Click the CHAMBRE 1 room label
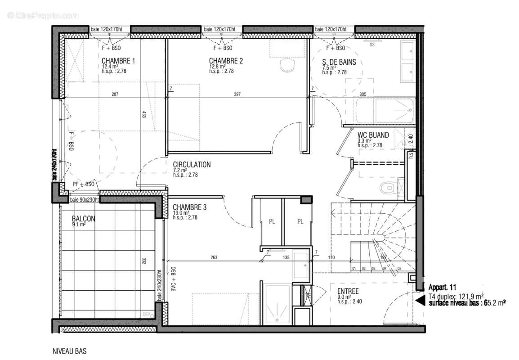118,61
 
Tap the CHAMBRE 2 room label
226,61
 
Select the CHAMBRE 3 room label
190,207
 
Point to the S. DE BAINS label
339,63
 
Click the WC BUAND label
373,135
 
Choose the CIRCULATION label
192,165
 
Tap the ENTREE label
348,292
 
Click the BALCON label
84,219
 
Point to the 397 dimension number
237,94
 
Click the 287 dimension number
116,94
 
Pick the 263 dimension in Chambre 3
214,258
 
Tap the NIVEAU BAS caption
70,351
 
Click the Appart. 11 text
443,287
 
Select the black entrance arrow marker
419,300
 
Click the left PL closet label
272,221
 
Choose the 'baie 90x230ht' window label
84,200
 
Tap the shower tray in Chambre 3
277,303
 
